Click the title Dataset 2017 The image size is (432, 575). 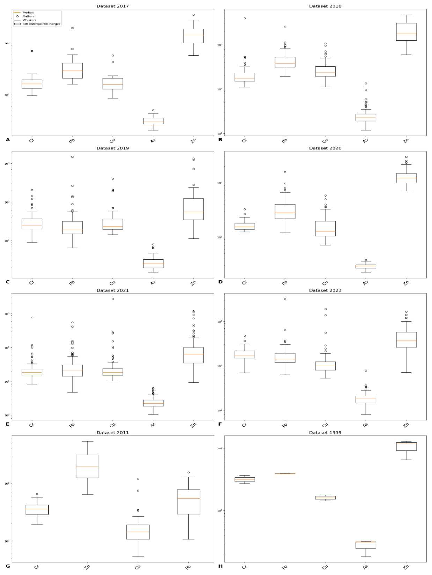[112, 6]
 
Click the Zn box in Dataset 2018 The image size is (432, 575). [406, 32]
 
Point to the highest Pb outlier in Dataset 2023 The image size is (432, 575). [285, 299]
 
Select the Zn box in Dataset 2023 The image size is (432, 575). [406, 340]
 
